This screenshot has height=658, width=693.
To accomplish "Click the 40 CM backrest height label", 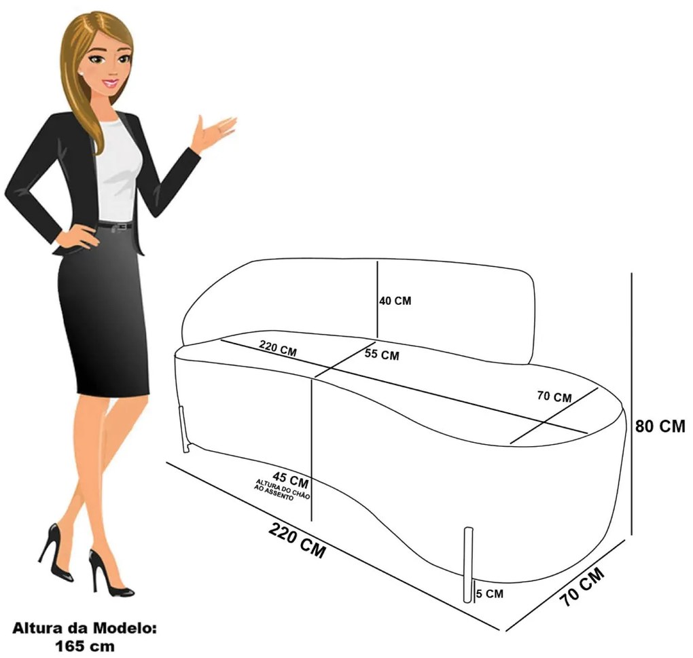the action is coord(395,301).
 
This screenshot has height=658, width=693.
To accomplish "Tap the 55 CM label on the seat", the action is coord(382,354).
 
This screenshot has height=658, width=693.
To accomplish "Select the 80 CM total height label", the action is coord(660,426).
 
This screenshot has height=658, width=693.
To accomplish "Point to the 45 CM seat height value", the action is coord(290,479).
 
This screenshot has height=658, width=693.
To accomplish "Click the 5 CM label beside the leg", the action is coord(490,594).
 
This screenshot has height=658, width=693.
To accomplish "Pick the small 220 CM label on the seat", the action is coord(278,348).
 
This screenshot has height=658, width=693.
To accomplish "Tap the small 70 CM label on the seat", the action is coord(554,397).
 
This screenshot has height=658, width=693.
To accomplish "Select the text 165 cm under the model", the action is coord(84,646).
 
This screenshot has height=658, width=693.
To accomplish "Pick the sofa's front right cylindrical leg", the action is coord(467,564).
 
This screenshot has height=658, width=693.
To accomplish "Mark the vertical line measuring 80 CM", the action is coord(632,404).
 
